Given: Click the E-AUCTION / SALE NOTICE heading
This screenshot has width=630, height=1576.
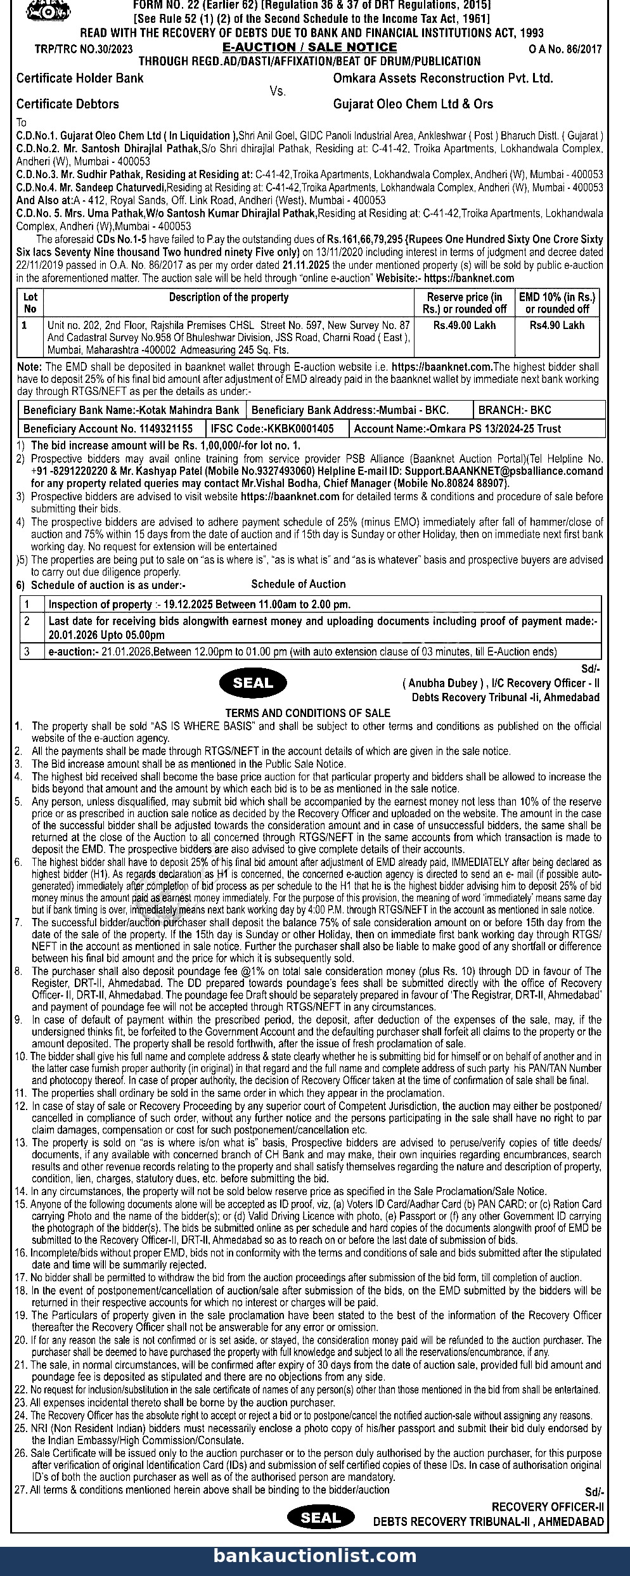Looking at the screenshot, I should pyautogui.click(x=309, y=48).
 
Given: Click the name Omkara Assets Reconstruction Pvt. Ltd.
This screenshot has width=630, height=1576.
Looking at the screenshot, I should pyautogui.click(x=442, y=79).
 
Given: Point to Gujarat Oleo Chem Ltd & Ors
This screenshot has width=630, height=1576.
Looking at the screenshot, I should pyautogui.click(x=413, y=104).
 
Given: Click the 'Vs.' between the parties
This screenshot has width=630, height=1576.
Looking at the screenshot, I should pyautogui.click(x=278, y=91).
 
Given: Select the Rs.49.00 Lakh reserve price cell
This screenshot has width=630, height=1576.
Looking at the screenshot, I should pyautogui.click(x=464, y=325).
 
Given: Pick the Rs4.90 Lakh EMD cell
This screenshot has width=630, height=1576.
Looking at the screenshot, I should pyautogui.click(x=557, y=325).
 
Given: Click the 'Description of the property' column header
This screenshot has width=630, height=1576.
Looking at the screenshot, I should pyautogui.click(x=228, y=297).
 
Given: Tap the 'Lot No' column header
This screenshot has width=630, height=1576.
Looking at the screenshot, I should pyautogui.click(x=30, y=303).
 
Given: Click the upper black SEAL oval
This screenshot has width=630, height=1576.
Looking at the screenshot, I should pyautogui.click(x=253, y=683).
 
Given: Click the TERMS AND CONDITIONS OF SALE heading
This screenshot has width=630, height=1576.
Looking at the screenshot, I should pyautogui.click(x=308, y=713).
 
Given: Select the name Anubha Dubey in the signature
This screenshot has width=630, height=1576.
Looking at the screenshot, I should pyautogui.click(x=441, y=683).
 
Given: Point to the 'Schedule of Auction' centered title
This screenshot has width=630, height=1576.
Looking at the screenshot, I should pyautogui.click(x=299, y=584).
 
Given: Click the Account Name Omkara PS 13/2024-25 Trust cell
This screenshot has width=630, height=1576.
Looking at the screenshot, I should pyautogui.click(x=457, y=429).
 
